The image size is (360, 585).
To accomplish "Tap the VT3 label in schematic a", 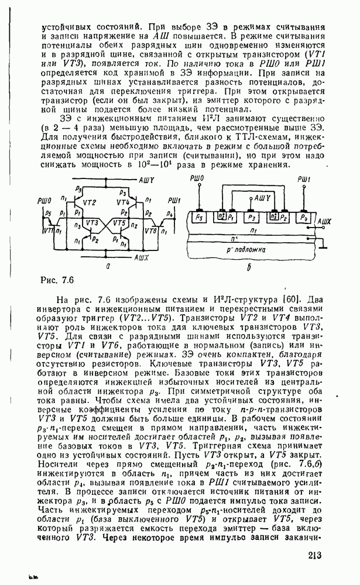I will click(x=91, y=223).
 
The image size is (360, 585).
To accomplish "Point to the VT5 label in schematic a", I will click(x=119, y=223).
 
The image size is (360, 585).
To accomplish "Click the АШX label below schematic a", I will click(x=142, y=257).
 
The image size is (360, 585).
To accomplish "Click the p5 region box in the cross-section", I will click(x=199, y=217).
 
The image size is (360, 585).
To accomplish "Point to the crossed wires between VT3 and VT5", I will click(x=106, y=223).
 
